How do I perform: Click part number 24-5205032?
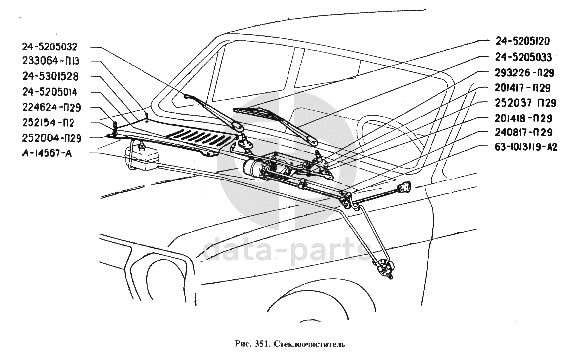pyautogui.click(x=49, y=47)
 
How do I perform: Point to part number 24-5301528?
pyautogui.click(x=49, y=77)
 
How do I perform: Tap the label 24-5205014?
pyautogui.click(x=49, y=92)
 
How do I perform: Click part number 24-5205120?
pyautogui.click(x=523, y=41)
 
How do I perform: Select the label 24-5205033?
pyautogui.click(x=523, y=57)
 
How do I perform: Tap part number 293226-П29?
pyautogui.click(x=525, y=73)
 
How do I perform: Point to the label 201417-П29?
pyautogui.click(x=524, y=88)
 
